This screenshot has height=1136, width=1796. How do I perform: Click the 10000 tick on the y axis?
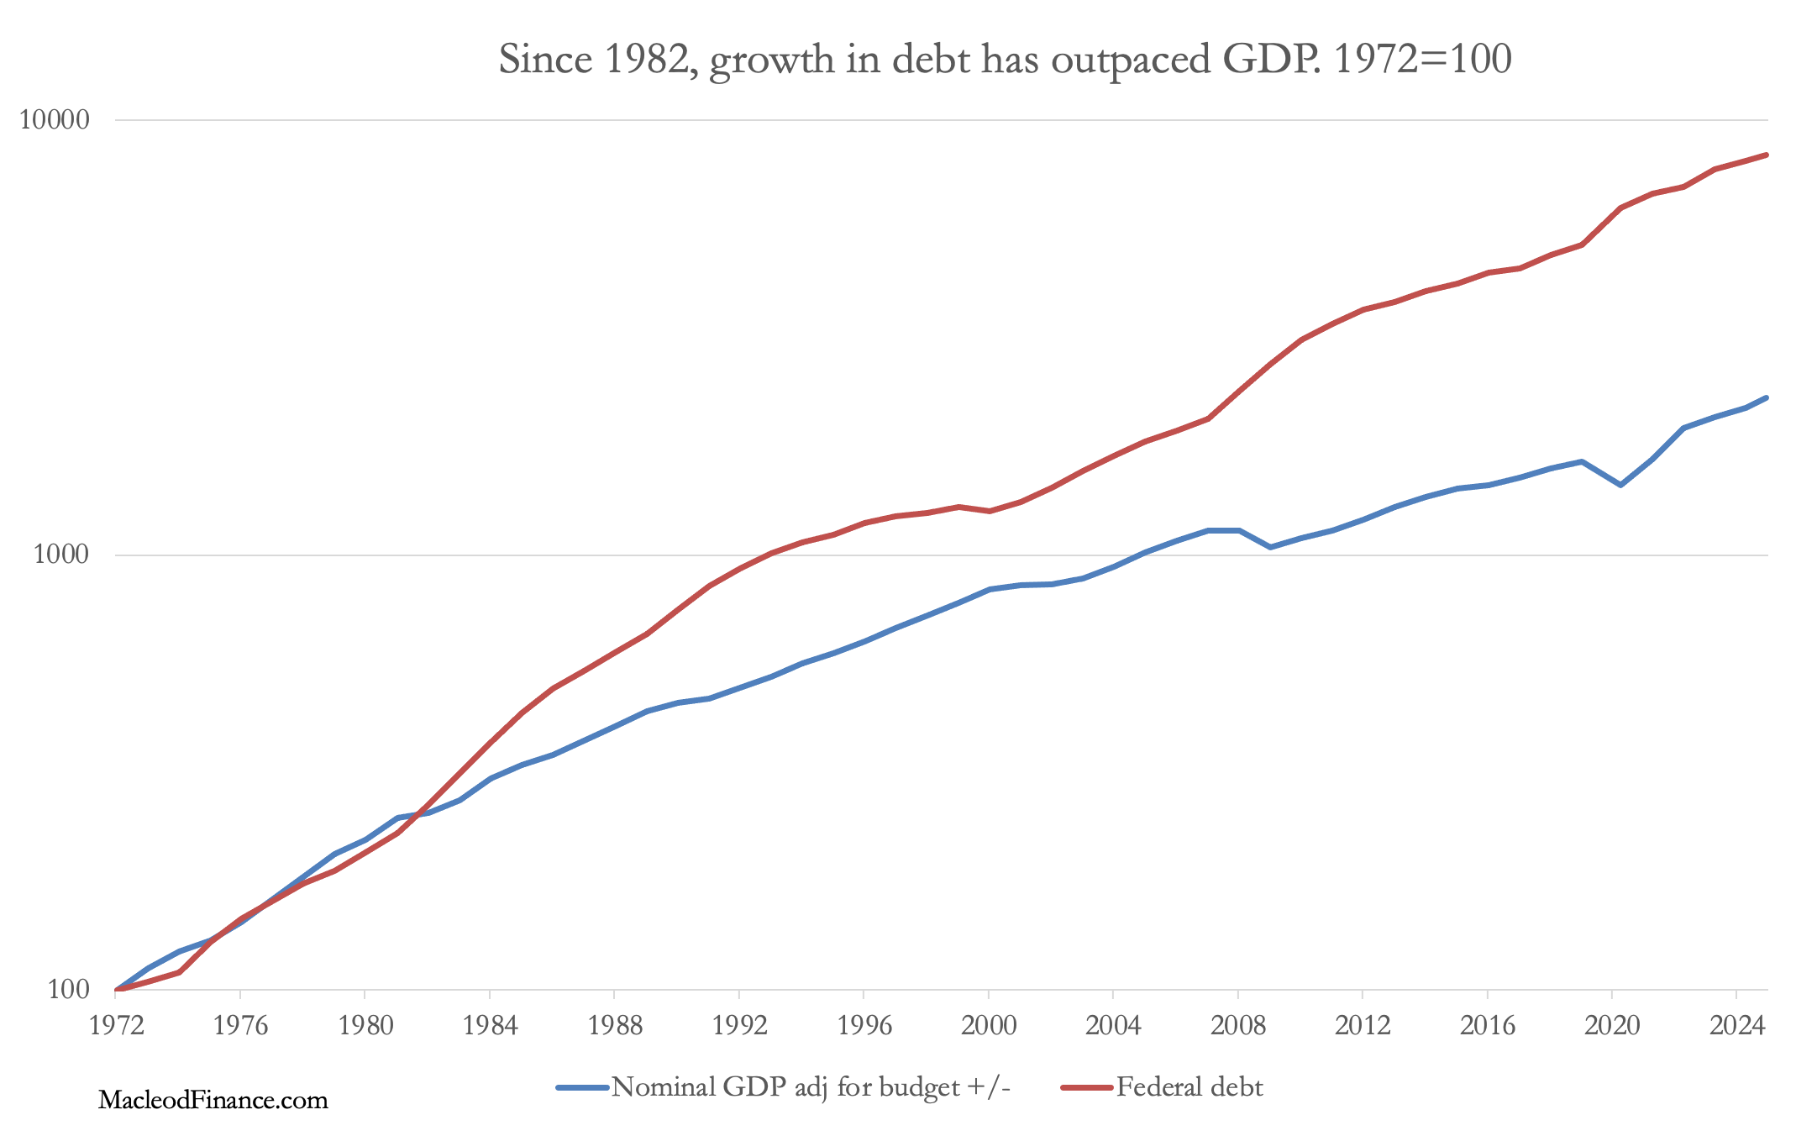click(54, 120)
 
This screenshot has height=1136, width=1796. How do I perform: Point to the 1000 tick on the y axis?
click(61, 555)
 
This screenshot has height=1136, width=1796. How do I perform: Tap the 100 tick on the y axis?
click(68, 989)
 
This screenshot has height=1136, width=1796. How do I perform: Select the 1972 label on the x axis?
click(116, 1025)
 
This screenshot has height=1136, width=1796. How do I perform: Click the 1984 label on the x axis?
click(490, 1025)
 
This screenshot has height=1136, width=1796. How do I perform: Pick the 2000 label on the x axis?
click(989, 1025)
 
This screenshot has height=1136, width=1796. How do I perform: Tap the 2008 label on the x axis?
click(1238, 1025)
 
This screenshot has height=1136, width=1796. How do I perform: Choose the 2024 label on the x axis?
click(1737, 1025)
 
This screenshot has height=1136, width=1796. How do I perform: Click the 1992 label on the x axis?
click(739, 1025)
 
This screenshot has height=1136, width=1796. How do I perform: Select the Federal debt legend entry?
click(1189, 1087)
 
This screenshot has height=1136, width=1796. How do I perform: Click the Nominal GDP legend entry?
click(810, 1087)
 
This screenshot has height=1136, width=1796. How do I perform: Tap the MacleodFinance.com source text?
click(213, 1100)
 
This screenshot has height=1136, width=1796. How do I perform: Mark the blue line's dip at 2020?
click(1620, 485)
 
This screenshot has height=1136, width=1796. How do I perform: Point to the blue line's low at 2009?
click(1270, 547)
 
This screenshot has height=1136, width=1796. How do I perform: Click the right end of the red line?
click(1767, 155)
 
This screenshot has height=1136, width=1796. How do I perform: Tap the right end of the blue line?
click(1767, 397)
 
